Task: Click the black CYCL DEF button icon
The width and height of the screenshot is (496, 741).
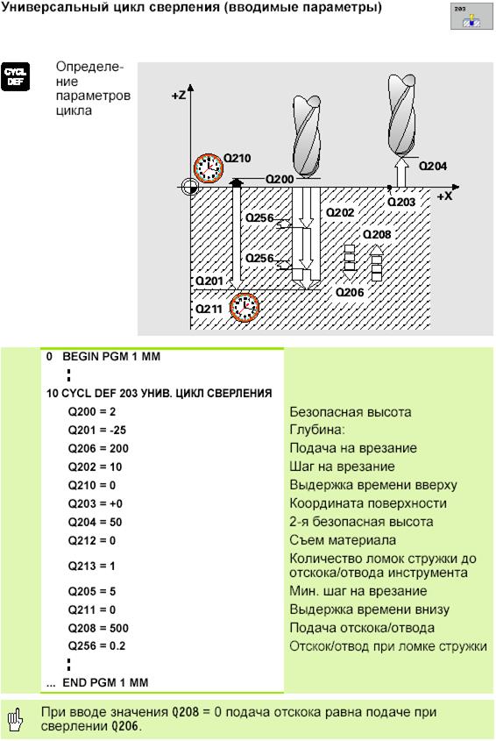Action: (x=15, y=76)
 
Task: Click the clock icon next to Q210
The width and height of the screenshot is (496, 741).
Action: (x=209, y=167)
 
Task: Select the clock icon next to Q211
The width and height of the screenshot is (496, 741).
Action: (x=244, y=307)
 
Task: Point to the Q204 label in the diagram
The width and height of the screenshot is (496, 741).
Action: (x=433, y=166)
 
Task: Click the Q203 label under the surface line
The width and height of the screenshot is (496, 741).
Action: (x=401, y=202)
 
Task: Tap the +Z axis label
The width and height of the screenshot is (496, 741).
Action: (x=179, y=96)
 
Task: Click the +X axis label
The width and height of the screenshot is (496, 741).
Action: (x=444, y=196)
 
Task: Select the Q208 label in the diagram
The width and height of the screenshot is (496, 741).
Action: (x=377, y=234)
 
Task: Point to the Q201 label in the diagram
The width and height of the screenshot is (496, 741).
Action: (x=209, y=281)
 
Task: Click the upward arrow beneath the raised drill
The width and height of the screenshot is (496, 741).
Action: (x=401, y=172)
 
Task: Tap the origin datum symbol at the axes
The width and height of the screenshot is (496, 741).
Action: (x=190, y=187)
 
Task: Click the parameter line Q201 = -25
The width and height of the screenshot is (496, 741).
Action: (x=97, y=430)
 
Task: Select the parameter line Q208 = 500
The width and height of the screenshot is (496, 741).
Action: (x=98, y=628)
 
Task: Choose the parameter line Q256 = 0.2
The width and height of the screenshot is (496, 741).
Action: (x=97, y=646)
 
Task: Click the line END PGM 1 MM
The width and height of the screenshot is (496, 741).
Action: (x=97, y=682)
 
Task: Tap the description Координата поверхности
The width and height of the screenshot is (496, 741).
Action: (x=368, y=503)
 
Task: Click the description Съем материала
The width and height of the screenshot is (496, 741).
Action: (x=343, y=540)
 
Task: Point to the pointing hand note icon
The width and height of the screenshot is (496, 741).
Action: (x=16, y=719)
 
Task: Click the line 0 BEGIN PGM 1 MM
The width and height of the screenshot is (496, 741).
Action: (x=103, y=356)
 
